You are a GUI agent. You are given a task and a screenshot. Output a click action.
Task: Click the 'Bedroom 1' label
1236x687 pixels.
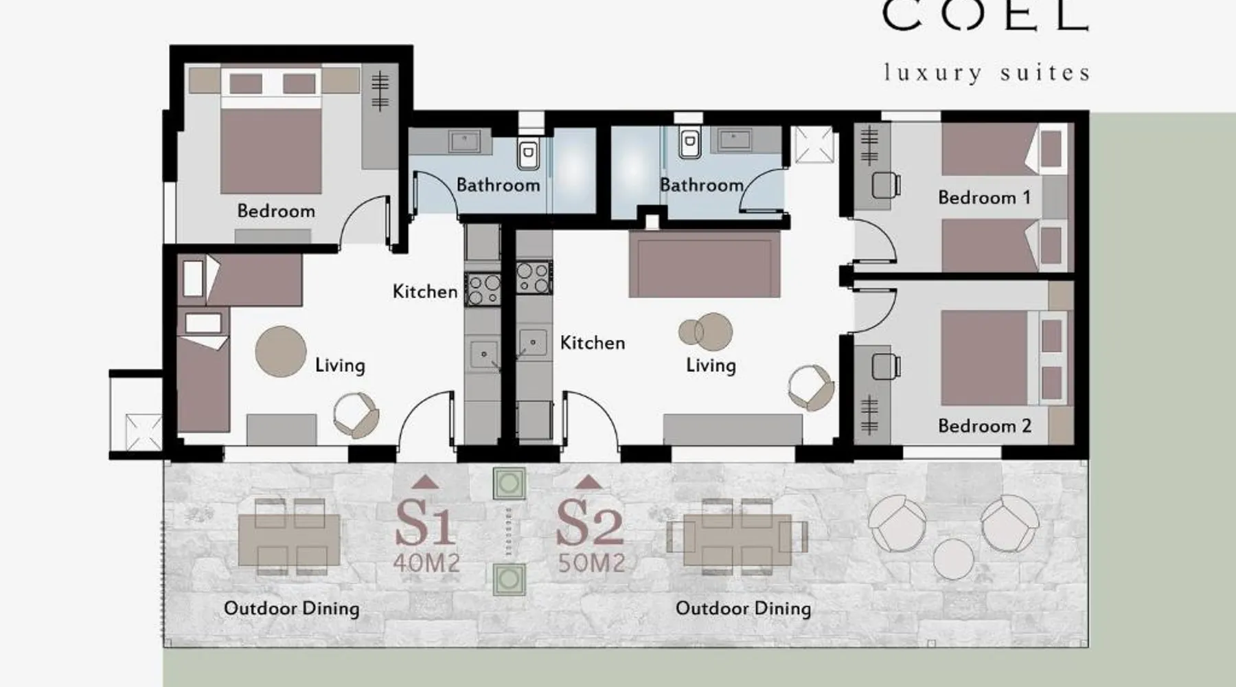click(x=984, y=198)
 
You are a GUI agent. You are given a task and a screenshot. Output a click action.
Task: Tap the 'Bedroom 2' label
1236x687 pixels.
click(x=985, y=426)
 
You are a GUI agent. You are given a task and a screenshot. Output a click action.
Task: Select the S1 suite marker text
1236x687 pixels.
click(x=425, y=523)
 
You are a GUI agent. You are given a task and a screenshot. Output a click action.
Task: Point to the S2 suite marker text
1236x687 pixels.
click(x=590, y=523)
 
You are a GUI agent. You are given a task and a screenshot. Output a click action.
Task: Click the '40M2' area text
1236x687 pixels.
click(x=426, y=563)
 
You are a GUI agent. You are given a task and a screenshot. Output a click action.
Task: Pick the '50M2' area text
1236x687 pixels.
click(x=591, y=563)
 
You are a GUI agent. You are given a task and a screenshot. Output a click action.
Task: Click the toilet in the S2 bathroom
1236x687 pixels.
click(x=689, y=143)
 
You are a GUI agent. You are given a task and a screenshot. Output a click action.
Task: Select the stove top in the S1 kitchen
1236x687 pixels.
click(x=483, y=289)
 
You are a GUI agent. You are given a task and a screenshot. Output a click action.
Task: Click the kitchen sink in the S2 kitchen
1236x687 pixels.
click(x=532, y=342)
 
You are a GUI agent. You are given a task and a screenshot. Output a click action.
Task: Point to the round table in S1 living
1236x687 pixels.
click(x=281, y=351)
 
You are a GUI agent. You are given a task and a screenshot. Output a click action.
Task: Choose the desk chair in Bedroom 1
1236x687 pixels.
click(x=886, y=185)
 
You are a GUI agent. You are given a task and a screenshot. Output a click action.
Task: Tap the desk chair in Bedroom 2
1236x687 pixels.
click(x=886, y=365)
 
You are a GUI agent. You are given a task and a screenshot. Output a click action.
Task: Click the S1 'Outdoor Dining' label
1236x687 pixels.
click(x=292, y=609)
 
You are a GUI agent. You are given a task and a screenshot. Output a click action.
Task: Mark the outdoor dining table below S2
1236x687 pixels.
click(x=737, y=540)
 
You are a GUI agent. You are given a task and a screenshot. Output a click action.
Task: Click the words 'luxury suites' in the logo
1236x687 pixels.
click(x=987, y=73)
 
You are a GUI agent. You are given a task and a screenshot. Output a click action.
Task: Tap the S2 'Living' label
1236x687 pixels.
click(x=711, y=365)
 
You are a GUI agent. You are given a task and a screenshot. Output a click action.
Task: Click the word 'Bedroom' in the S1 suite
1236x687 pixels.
click(x=276, y=211)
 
